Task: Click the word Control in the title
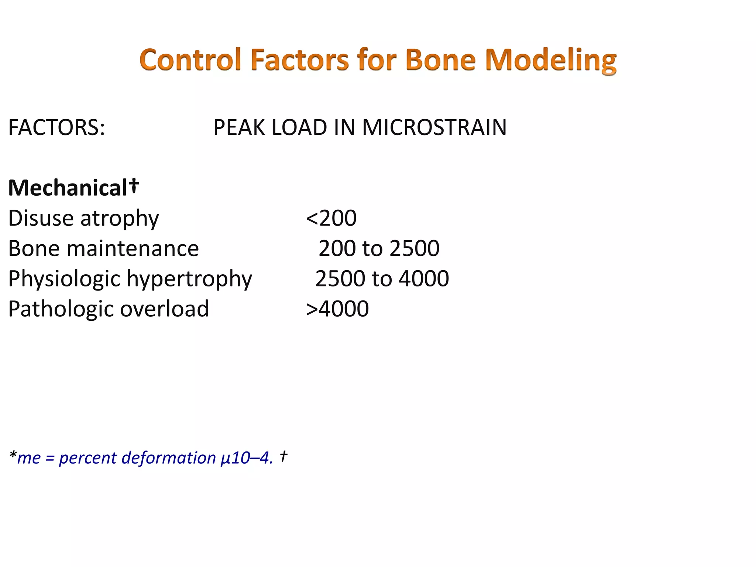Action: (x=190, y=60)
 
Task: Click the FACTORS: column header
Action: (x=56, y=127)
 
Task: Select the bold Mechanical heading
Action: (x=68, y=188)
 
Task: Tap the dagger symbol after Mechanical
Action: (x=134, y=185)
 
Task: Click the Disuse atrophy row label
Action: (x=83, y=218)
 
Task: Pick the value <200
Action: (x=331, y=218)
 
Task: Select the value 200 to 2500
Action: (x=379, y=248)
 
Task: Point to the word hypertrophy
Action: (x=189, y=279)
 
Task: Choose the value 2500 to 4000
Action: (x=382, y=279)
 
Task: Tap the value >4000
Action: (x=337, y=309)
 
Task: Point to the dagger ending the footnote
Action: (x=283, y=456)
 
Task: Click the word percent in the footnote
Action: (x=87, y=458)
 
